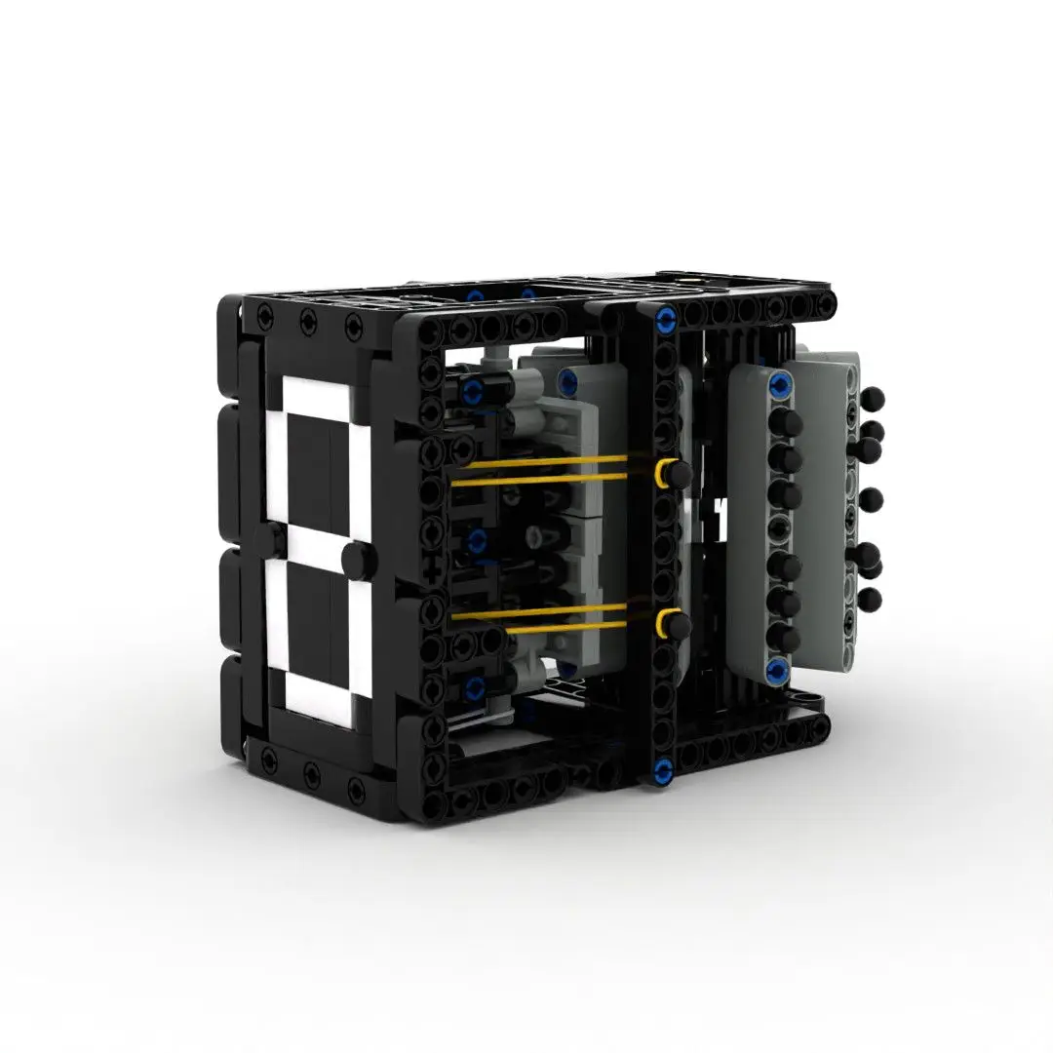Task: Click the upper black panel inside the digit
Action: [311, 469]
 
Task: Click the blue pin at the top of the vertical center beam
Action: [667, 317]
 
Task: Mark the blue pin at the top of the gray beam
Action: [780, 384]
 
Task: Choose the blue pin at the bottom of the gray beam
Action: [777, 668]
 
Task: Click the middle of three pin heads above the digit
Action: [306, 320]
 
